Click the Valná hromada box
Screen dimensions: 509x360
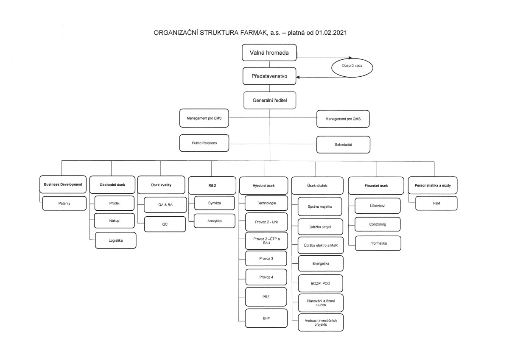pos(269,53)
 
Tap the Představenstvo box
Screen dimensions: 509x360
pos(269,76)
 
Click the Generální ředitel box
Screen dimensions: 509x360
pos(270,100)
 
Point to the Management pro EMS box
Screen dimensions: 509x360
pos(204,118)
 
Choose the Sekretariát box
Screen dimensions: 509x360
pos(343,145)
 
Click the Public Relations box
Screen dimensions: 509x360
pos(204,143)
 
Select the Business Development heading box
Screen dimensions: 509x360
pos(63,184)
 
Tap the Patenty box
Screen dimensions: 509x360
pos(64,203)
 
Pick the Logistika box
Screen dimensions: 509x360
pos(116,240)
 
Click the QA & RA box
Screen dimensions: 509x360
pos(165,205)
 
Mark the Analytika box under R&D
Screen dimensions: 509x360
pos(215,221)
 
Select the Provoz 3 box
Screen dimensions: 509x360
pos(266,259)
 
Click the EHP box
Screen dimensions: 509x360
pos(266,318)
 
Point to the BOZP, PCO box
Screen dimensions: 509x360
pos(320,283)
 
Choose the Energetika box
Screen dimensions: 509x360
pos(321,263)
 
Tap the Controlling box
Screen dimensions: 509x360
pos(378,224)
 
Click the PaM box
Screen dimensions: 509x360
pos(436,203)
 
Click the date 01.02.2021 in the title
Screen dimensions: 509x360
pos(331,33)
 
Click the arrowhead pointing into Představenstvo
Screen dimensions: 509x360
pos(298,77)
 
